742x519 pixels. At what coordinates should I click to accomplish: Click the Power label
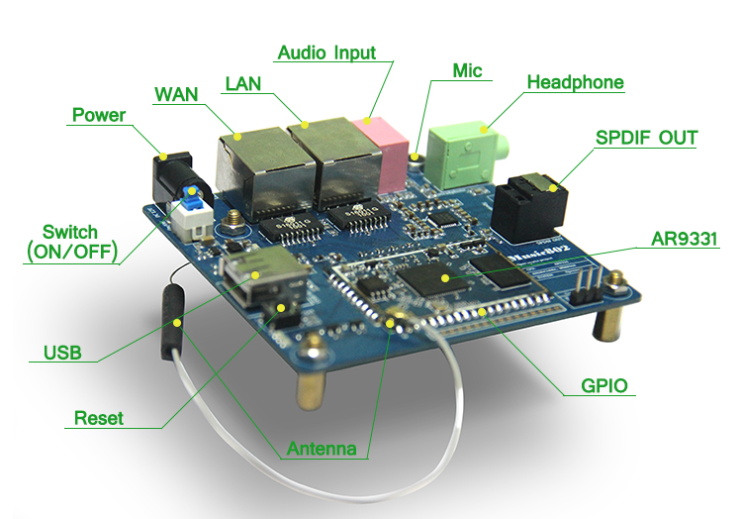(x=99, y=115)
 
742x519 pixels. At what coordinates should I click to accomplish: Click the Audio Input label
(x=326, y=52)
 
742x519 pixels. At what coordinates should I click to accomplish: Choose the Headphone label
(x=575, y=82)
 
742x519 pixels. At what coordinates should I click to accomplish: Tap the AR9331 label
(x=685, y=239)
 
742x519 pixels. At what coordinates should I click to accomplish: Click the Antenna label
(x=322, y=449)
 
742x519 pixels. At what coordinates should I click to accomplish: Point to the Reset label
(x=99, y=418)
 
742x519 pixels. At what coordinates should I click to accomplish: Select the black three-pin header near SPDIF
(x=585, y=284)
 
